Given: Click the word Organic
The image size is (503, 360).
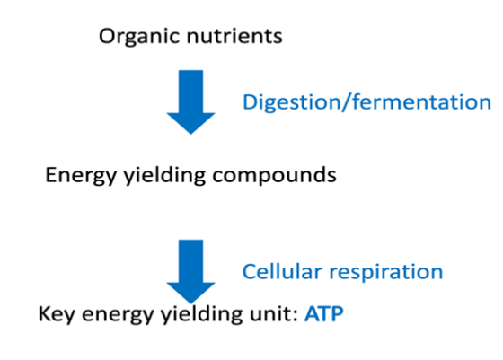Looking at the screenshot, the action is tap(139, 37).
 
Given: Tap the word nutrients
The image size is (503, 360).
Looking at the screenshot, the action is tap(234, 36).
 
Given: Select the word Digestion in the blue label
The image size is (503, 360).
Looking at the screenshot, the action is tap(291, 103).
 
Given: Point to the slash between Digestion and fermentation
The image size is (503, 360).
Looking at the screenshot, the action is tap(346, 102).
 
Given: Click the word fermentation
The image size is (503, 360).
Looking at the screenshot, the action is tap(421, 102).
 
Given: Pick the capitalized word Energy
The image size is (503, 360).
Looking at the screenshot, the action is tap(81, 176).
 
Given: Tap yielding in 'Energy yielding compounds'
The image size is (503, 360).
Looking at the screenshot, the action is tap(164, 176).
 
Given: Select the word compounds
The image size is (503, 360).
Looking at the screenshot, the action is tap(274, 176).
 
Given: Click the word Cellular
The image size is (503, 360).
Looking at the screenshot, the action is tap(282, 272).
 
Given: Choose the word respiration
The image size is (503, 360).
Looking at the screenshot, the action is tap(386, 273).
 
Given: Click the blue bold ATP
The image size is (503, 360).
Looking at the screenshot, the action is tap(324, 314).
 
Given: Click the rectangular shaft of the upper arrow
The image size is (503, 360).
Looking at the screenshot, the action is tap(190, 92).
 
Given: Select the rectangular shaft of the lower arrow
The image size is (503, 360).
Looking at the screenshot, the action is tap(190, 261).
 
